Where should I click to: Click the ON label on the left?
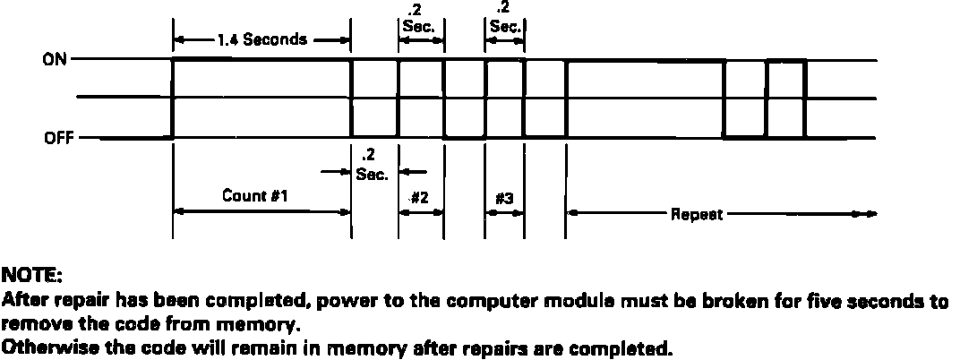pos(53,60)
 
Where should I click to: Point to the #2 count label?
pos(418,197)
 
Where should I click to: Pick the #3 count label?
pos(503,197)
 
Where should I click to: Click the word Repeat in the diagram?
pos(698,215)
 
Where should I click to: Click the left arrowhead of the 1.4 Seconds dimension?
pos(177,39)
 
